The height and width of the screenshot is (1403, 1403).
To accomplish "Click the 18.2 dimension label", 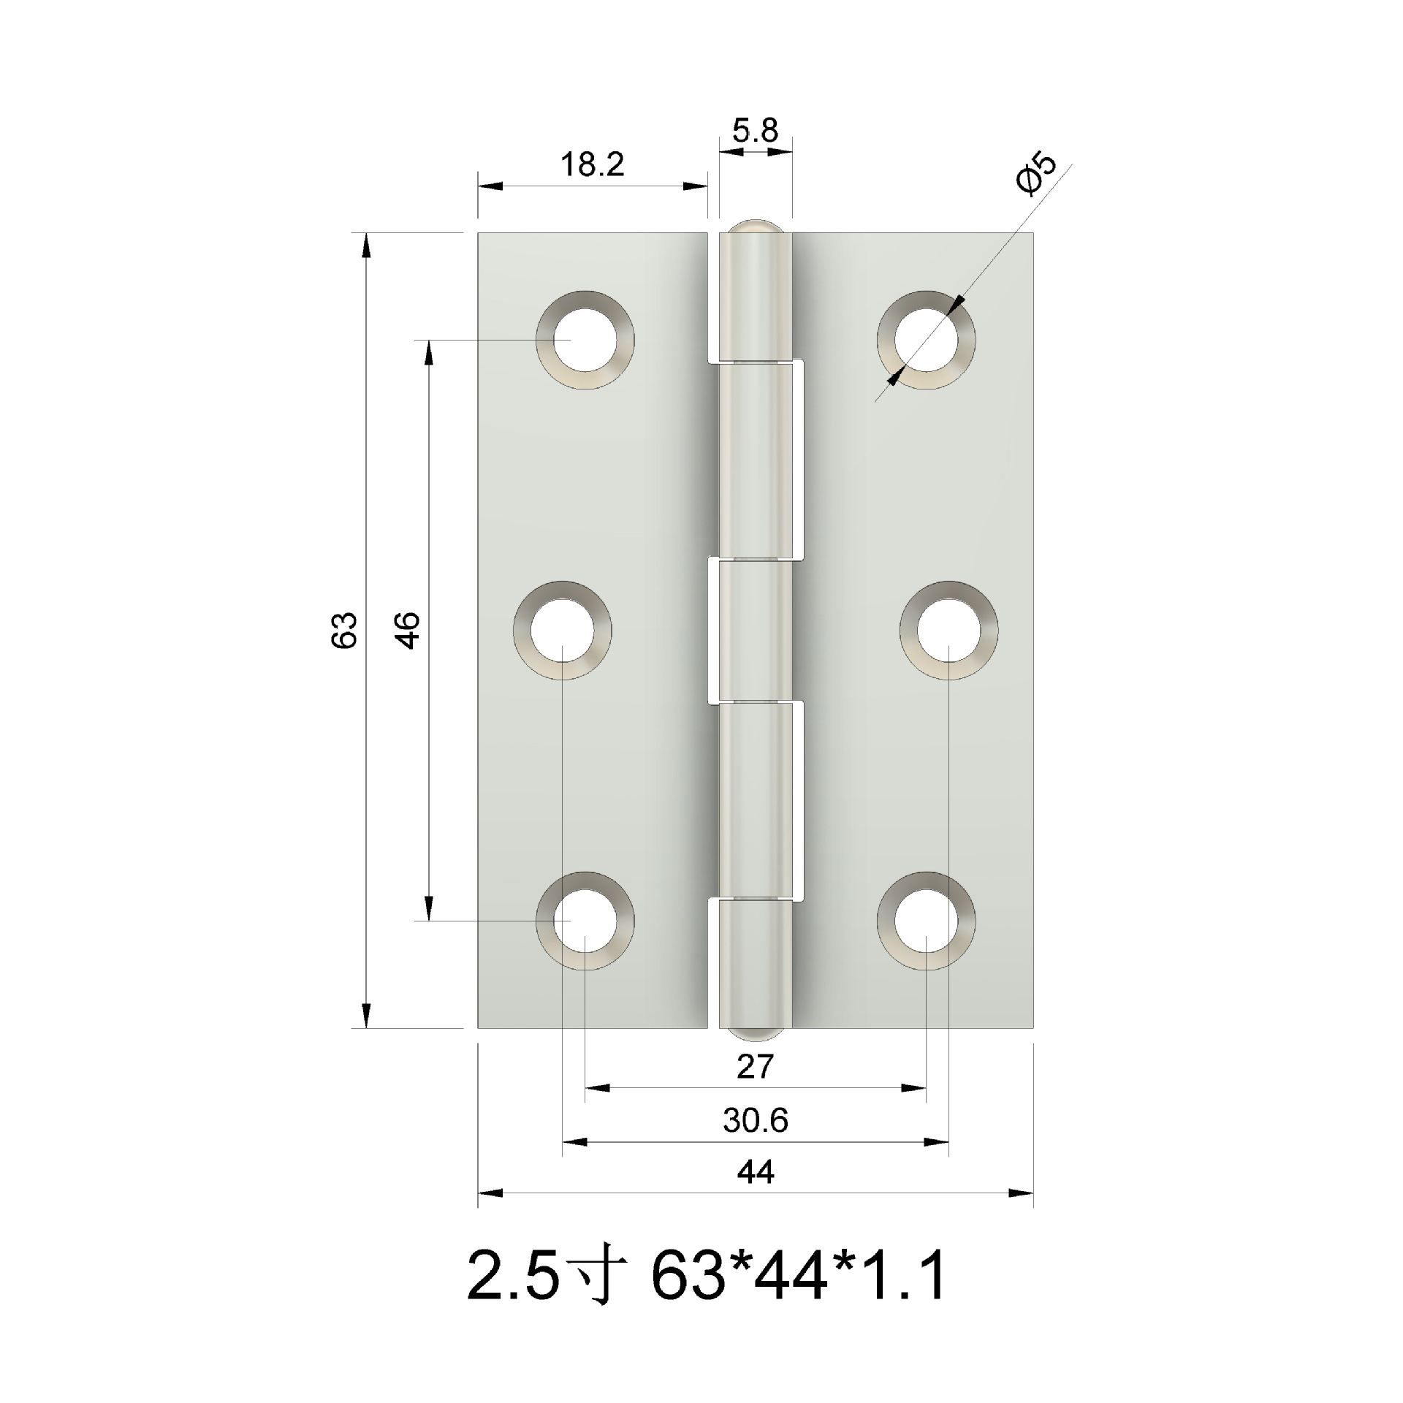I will click(592, 166).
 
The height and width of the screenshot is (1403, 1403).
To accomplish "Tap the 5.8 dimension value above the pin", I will click(756, 132).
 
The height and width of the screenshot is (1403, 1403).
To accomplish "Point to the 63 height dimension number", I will click(344, 630).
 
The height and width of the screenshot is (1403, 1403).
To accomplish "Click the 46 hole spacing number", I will click(407, 630).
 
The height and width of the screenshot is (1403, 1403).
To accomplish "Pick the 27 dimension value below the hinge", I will click(755, 1068).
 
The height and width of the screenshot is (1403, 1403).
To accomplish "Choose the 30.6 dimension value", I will click(756, 1121).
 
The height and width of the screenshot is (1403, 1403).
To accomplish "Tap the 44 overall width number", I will click(755, 1173).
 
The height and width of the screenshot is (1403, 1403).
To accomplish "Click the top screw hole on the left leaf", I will click(585, 340).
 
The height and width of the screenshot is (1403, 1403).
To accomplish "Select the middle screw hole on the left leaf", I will click(562, 631).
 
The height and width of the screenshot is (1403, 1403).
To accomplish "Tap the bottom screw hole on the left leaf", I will click(585, 921).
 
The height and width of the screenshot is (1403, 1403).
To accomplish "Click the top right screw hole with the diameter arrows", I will click(926, 340).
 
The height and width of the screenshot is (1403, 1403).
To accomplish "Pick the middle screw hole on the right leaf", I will click(948, 631).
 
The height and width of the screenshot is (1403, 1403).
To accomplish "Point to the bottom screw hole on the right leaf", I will click(926, 921).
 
